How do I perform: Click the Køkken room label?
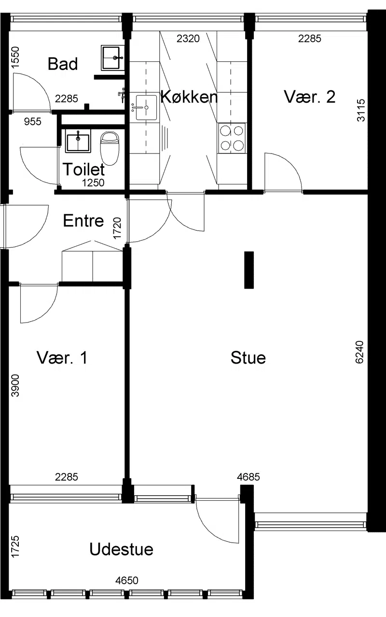click(x=189, y=97)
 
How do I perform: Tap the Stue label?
click(x=248, y=358)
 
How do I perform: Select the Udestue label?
click(x=121, y=549)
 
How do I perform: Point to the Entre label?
click(x=83, y=221)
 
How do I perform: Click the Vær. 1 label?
click(x=62, y=358)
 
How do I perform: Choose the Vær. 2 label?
click(x=309, y=97)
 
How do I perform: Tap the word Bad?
click(x=63, y=64)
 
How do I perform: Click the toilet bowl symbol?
click(x=110, y=148)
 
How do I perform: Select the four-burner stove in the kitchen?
click(x=232, y=138)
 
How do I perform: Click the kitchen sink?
click(x=147, y=108)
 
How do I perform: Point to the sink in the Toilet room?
click(x=78, y=143)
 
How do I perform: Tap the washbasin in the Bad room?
click(x=112, y=57)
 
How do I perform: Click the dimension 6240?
click(x=359, y=352)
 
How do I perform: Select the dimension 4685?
click(x=248, y=477)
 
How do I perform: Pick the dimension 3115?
click(x=361, y=110)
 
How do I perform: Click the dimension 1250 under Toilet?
click(x=93, y=182)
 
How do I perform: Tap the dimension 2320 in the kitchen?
click(x=188, y=39)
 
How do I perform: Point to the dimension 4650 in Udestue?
click(x=126, y=580)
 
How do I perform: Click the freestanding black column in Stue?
click(x=249, y=270)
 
